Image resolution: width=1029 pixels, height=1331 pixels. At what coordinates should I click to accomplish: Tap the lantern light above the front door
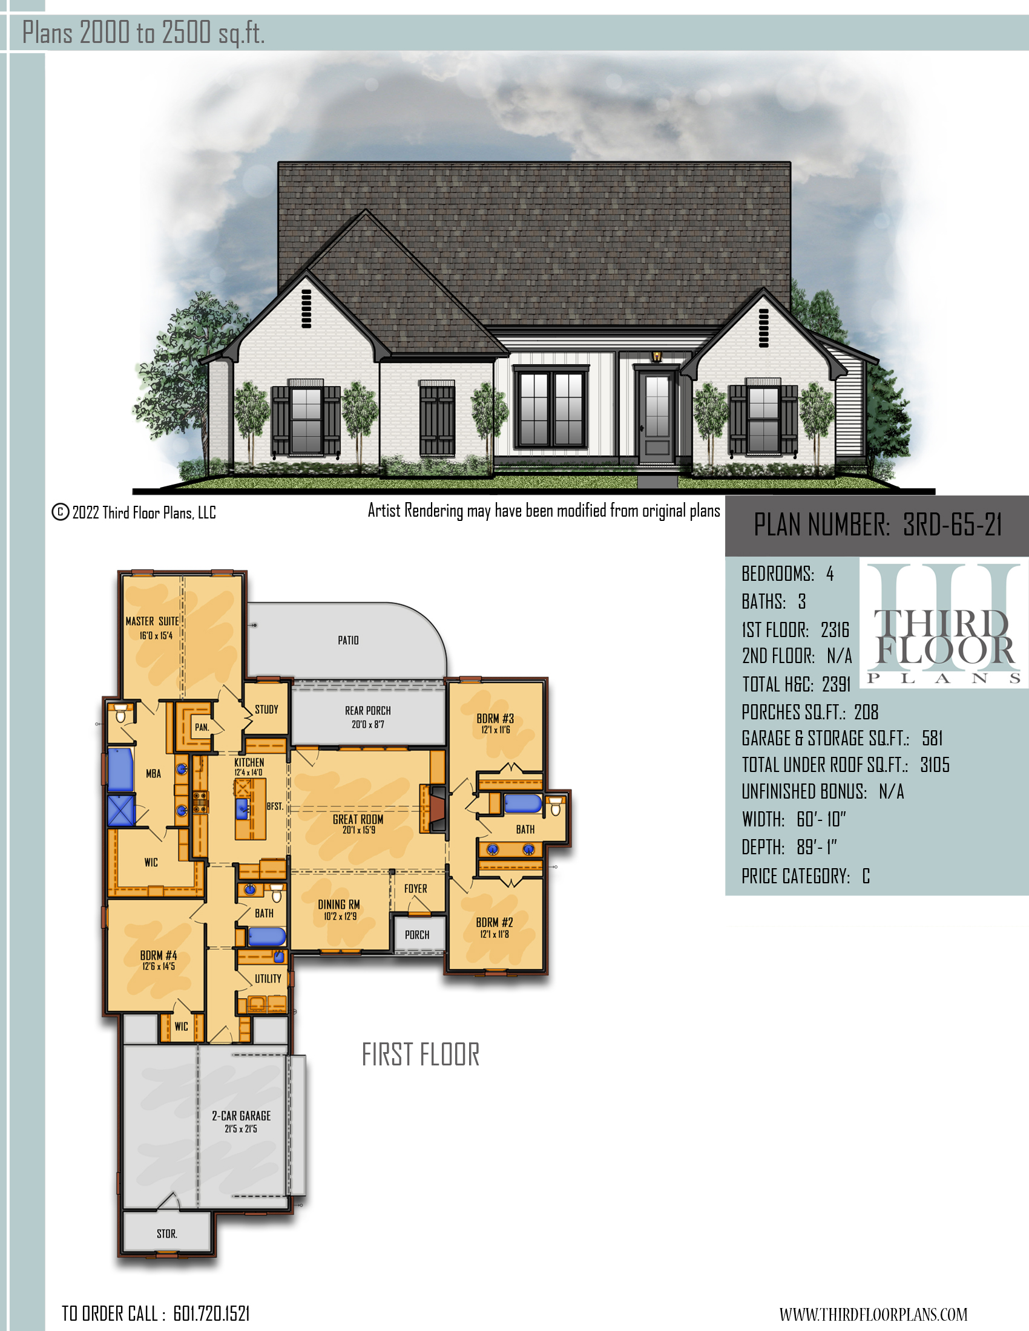(x=657, y=356)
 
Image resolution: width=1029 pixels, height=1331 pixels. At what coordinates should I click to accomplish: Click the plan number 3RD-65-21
(x=952, y=525)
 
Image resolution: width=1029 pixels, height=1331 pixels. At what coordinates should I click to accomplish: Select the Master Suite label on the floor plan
(x=153, y=621)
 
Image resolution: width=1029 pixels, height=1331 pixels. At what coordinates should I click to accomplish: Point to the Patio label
(x=348, y=640)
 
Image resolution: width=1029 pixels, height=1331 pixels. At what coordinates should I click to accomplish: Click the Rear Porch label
(x=367, y=711)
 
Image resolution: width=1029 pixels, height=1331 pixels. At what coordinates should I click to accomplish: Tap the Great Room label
(x=358, y=819)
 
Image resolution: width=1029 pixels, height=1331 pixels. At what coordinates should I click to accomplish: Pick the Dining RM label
(x=339, y=904)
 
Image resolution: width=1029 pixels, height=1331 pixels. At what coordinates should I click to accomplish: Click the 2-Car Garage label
(x=242, y=1115)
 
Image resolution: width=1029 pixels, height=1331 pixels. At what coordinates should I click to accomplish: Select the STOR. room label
(x=167, y=1234)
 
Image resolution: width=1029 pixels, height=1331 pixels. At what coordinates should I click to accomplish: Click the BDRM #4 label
(x=159, y=955)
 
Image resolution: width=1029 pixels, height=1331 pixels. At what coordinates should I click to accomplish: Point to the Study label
(x=266, y=710)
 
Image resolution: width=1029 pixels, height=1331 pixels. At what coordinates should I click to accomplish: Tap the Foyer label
(x=416, y=889)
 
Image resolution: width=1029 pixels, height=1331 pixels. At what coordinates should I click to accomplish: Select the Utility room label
(x=268, y=978)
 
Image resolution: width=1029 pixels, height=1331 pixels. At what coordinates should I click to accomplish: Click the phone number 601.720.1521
(x=211, y=1313)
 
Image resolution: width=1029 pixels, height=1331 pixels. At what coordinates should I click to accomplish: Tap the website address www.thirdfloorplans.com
(x=873, y=1314)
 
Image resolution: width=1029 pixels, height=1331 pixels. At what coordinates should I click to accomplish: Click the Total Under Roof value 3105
(x=935, y=765)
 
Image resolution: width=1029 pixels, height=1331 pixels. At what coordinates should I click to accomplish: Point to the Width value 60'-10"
(x=821, y=819)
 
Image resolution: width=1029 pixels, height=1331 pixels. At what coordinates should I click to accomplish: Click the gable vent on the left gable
(x=307, y=309)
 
